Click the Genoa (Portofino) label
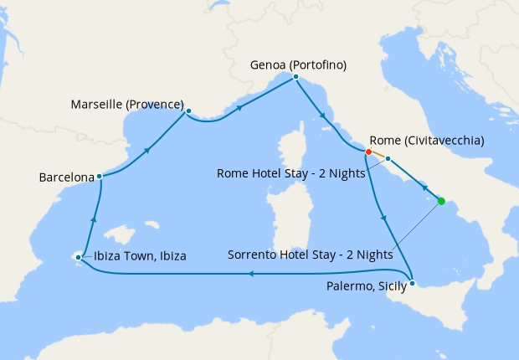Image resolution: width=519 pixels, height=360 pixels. (x=299, y=64)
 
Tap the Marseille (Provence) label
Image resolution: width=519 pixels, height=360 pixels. (x=128, y=105)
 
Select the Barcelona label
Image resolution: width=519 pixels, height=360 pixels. (x=66, y=177)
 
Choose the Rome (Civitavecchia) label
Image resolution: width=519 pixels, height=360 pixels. (x=427, y=141)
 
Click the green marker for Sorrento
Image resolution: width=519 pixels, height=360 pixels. (x=441, y=201)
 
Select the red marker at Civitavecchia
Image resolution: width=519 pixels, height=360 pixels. (x=368, y=152)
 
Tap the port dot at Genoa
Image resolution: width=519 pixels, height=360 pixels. (x=296, y=78)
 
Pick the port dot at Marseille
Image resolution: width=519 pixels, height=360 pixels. (x=188, y=111)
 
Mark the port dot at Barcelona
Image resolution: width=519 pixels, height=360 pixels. (x=99, y=176)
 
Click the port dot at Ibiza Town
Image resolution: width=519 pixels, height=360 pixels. (x=78, y=257)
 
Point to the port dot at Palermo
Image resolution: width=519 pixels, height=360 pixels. (x=412, y=282)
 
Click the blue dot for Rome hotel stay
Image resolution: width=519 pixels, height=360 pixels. (x=388, y=158)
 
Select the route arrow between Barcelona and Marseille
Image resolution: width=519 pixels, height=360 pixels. (x=147, y=152)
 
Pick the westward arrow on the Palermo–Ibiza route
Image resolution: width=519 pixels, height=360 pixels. (x=255, y=272)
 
